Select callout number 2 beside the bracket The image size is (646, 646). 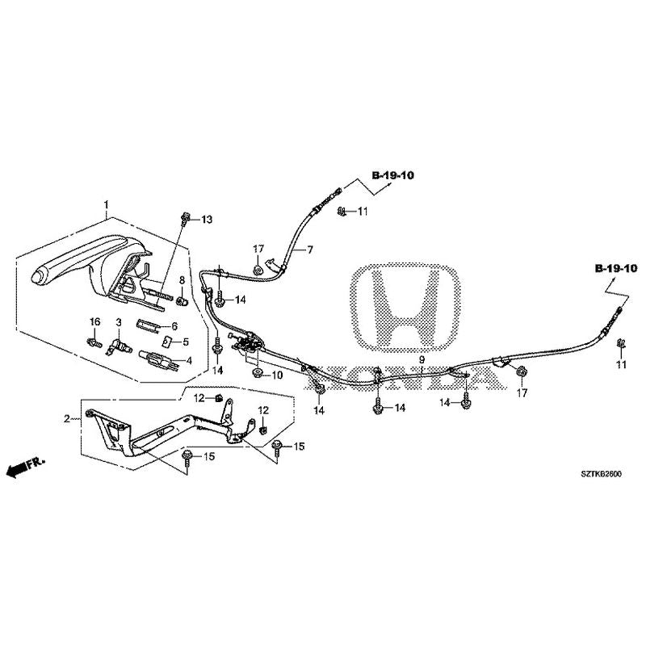click(x=68, y=417)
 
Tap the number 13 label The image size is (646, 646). click(x=207, y=220)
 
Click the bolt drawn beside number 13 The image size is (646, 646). click(x=187, y=216)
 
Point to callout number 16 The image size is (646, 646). click(x=94, y=322)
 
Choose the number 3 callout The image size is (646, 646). click(x=118, y=322)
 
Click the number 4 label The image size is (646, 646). click(x=189, y=361)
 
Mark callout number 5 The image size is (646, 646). click(x=185, y=342)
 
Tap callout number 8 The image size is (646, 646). click(x=182, y=280)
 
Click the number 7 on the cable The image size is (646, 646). click(x=308, y=251)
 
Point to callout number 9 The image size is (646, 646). click(x=421, y=359)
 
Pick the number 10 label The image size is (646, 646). click(x=276, y=375)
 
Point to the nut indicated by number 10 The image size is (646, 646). click(x=257, y=374)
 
